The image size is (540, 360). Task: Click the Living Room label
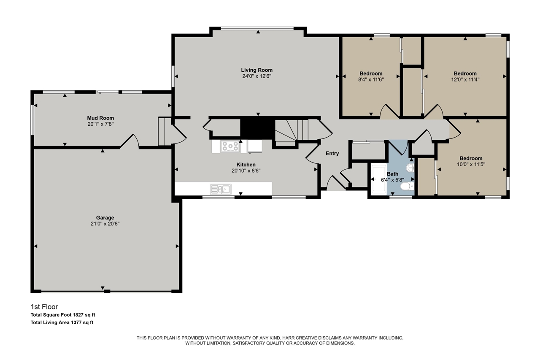(256, 70)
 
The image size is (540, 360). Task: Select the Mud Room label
(100, 118)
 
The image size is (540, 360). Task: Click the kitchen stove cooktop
(230, 146)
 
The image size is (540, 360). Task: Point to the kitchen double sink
(221, 189)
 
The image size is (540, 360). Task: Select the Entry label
(332, 154)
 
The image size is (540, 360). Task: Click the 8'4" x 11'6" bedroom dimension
(371, 79)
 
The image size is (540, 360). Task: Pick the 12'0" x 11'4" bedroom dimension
(465, 79)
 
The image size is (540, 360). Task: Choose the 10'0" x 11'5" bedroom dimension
(471, 165)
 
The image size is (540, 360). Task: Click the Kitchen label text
(246, 165)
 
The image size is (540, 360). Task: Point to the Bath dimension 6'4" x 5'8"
(392, 180)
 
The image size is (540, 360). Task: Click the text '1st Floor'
(44, 307)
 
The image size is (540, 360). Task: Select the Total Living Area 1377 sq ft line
(62, 322)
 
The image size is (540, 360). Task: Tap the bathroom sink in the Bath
(410, 168)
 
